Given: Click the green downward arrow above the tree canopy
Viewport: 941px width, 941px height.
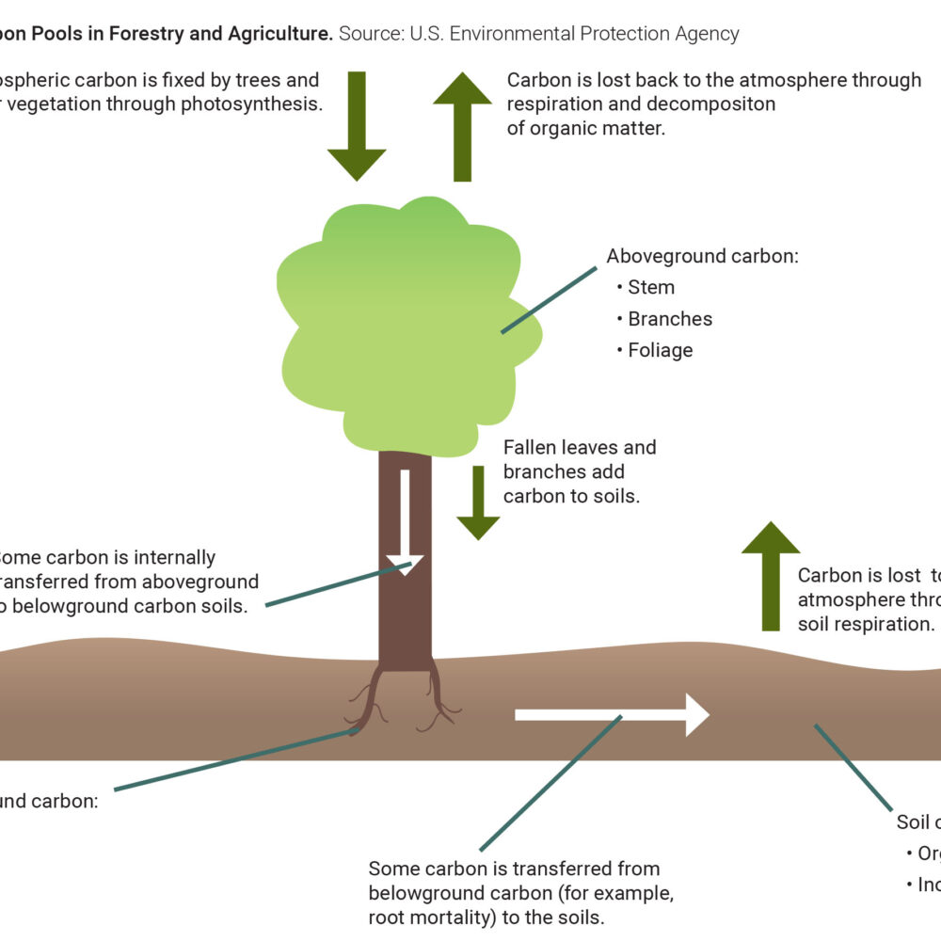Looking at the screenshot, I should click(357, 127).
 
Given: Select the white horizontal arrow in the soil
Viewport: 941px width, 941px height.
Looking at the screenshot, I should click(612, 714).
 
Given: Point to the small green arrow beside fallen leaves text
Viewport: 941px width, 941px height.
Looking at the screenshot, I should click(478, 503).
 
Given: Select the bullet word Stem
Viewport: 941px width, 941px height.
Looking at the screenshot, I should click(651, 288).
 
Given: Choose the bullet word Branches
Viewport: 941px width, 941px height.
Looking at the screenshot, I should click(670, 319).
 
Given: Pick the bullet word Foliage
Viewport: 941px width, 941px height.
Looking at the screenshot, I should click(661, 350).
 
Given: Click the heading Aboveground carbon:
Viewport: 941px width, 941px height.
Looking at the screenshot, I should click(702, 256).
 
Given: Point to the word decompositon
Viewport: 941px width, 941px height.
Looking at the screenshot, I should click(710, 104).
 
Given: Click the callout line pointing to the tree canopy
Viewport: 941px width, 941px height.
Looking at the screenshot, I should click(549, 299).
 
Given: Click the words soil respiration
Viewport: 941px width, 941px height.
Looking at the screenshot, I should click(867, 624).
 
